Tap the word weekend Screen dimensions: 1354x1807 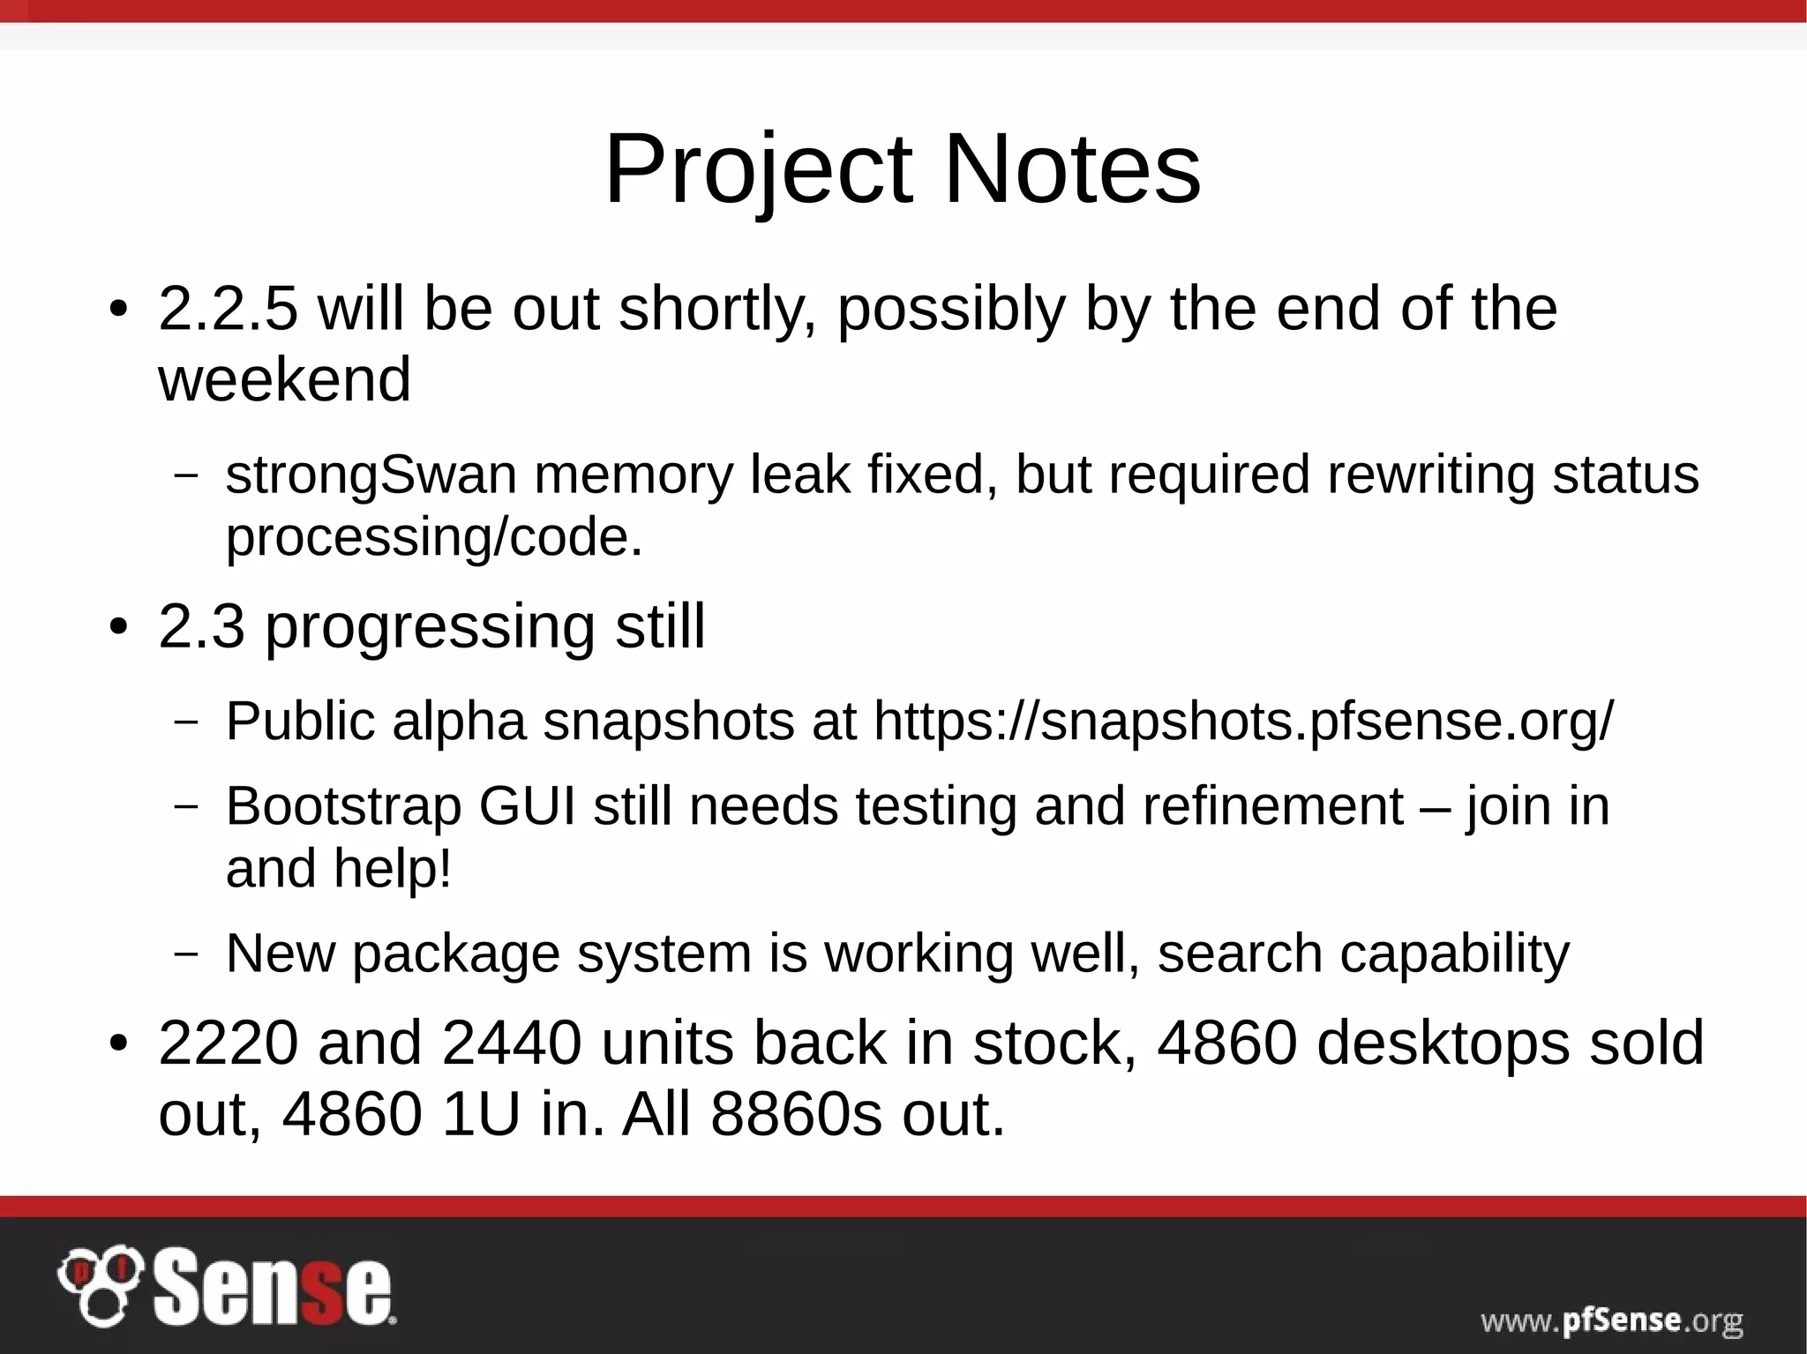click(284, 379)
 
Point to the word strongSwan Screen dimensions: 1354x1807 click(371, 475)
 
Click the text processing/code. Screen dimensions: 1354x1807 click(434, 537)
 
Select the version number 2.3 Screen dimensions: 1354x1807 click(202, 626)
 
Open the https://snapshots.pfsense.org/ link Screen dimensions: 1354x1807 click(1243, 722)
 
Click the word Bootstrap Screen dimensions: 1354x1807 click(343, 806)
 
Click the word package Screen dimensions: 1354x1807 click(456, 954)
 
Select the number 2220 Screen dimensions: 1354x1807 click(229, 1044)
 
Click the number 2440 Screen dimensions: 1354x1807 click(512, 1044)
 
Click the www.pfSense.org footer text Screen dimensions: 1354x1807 click(1611, 1320)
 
